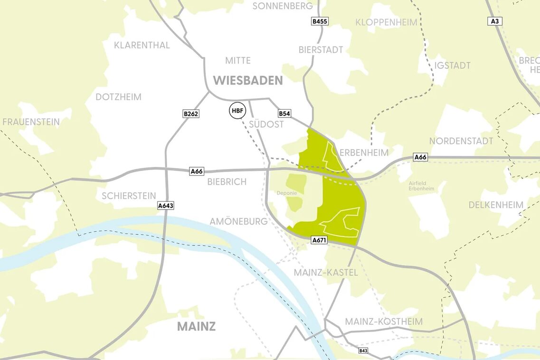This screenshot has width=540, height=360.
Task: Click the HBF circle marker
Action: point(237,111)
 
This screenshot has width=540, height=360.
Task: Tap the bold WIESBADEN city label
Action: point(247,80)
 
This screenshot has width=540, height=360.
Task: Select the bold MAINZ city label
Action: point(196,326)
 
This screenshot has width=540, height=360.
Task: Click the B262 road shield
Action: point(190,114)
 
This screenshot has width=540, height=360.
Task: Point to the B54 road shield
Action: point(284,114)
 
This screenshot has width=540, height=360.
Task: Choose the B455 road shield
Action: point(320,21)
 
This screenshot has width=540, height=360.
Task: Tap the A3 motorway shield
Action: point(495,21)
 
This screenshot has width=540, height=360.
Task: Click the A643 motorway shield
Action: point(166,206)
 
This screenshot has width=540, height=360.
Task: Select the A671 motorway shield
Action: point(319,240)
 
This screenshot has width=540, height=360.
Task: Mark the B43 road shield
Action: point(363,351)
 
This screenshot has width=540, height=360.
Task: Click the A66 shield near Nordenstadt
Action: point(420,157)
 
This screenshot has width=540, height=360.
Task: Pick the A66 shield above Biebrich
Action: point(197,171)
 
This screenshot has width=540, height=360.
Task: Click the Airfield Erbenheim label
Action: point(421,186)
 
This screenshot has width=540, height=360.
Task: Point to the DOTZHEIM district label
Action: point(118,97)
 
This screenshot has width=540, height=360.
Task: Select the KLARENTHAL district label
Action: point(142,46)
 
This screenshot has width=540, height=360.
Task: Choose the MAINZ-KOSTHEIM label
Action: point(383,322)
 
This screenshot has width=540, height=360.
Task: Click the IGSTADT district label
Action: point(452,66)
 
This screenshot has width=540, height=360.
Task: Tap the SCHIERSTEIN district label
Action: point(129,196)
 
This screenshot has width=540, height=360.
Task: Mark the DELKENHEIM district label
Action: point(496,205)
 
